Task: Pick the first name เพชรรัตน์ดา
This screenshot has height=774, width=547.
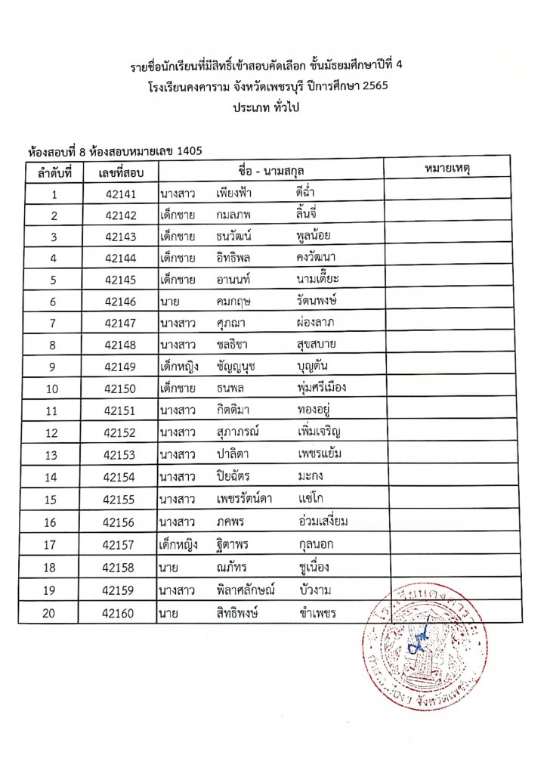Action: point(244,499)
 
